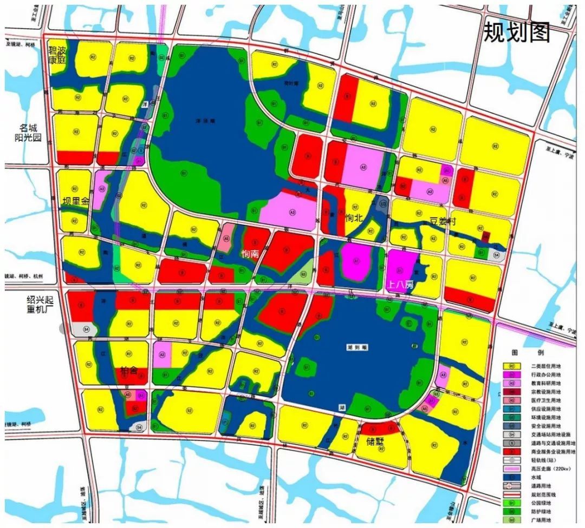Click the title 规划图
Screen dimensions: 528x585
pos(516,33)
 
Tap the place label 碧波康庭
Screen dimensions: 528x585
pos(57,55)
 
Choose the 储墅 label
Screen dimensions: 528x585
pos(374,441)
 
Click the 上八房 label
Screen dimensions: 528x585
pos(400,283)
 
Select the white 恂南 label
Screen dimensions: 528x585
pos(250,254)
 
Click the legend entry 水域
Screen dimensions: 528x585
pos(539,477)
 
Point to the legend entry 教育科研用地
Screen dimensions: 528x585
pos(547,384)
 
